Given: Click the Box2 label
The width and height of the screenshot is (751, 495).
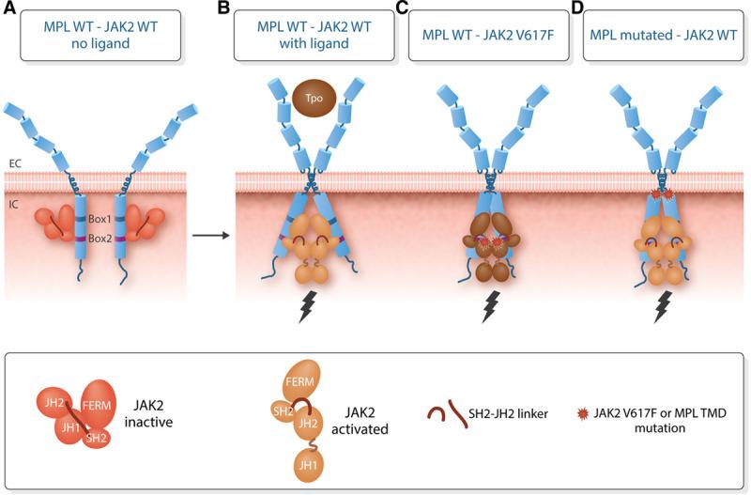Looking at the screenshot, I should click(x=102, y=239).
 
